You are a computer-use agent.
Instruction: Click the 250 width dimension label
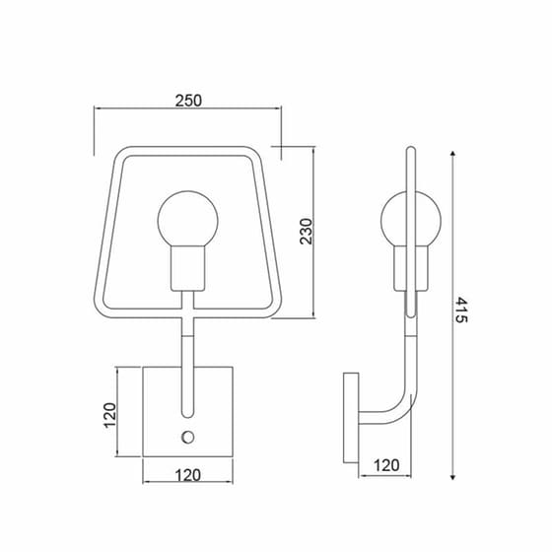(188, 101)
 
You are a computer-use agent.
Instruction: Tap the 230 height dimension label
(307, 232)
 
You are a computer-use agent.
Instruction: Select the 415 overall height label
(461, 310)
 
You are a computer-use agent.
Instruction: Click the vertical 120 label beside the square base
(109, 415)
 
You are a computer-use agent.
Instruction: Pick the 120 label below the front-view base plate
(187, 475)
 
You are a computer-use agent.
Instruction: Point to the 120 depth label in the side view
(386, 465)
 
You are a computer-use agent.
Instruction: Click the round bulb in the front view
(187, 220)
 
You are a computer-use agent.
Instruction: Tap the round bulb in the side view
(410, 220)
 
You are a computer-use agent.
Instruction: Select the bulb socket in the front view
(187, 268)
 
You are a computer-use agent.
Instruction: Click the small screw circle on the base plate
(187, 438)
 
